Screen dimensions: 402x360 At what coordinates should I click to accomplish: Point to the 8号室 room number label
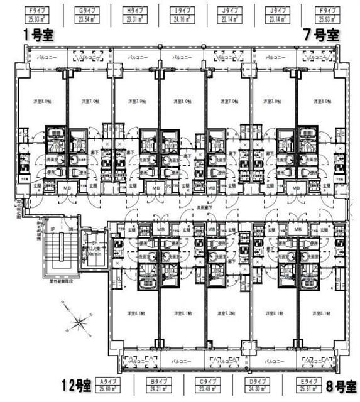point(341,383)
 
